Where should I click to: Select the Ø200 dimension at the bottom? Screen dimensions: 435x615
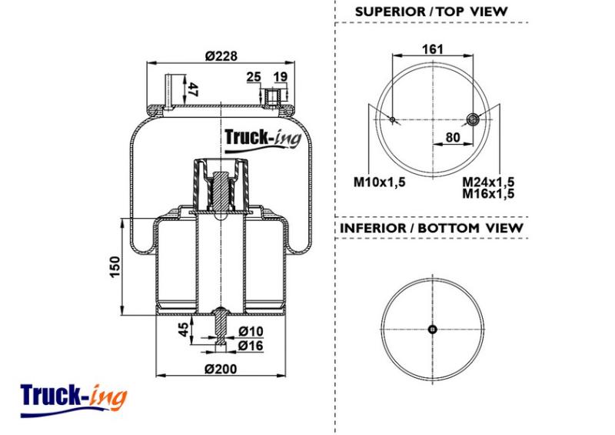(x=221, y=368)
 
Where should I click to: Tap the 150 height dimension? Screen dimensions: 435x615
(x=115, y=266)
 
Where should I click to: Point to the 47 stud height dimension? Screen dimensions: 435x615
(x=194, y=89)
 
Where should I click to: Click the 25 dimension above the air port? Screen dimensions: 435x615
(x=254, y=76)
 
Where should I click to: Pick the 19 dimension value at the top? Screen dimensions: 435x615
(x=280, y=76)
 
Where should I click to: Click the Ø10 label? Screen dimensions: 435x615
(x=251, y=331)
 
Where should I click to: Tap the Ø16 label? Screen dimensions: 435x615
(x=251, y=346)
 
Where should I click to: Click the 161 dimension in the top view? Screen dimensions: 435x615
(x=433, y=49)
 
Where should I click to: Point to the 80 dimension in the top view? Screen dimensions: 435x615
(x=454, y=139)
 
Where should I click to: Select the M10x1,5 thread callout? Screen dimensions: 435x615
(x=379, y=182)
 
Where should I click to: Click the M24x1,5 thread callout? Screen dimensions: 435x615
(x=488, y=182)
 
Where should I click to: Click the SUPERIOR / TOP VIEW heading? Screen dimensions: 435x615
(x=431, y=12)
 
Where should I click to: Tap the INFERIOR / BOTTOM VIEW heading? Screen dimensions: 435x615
(x=431, y=228)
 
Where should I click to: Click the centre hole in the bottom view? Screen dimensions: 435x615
(x=432, y=330)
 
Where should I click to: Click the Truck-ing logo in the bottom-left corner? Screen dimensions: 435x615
(x=73, y=398)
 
